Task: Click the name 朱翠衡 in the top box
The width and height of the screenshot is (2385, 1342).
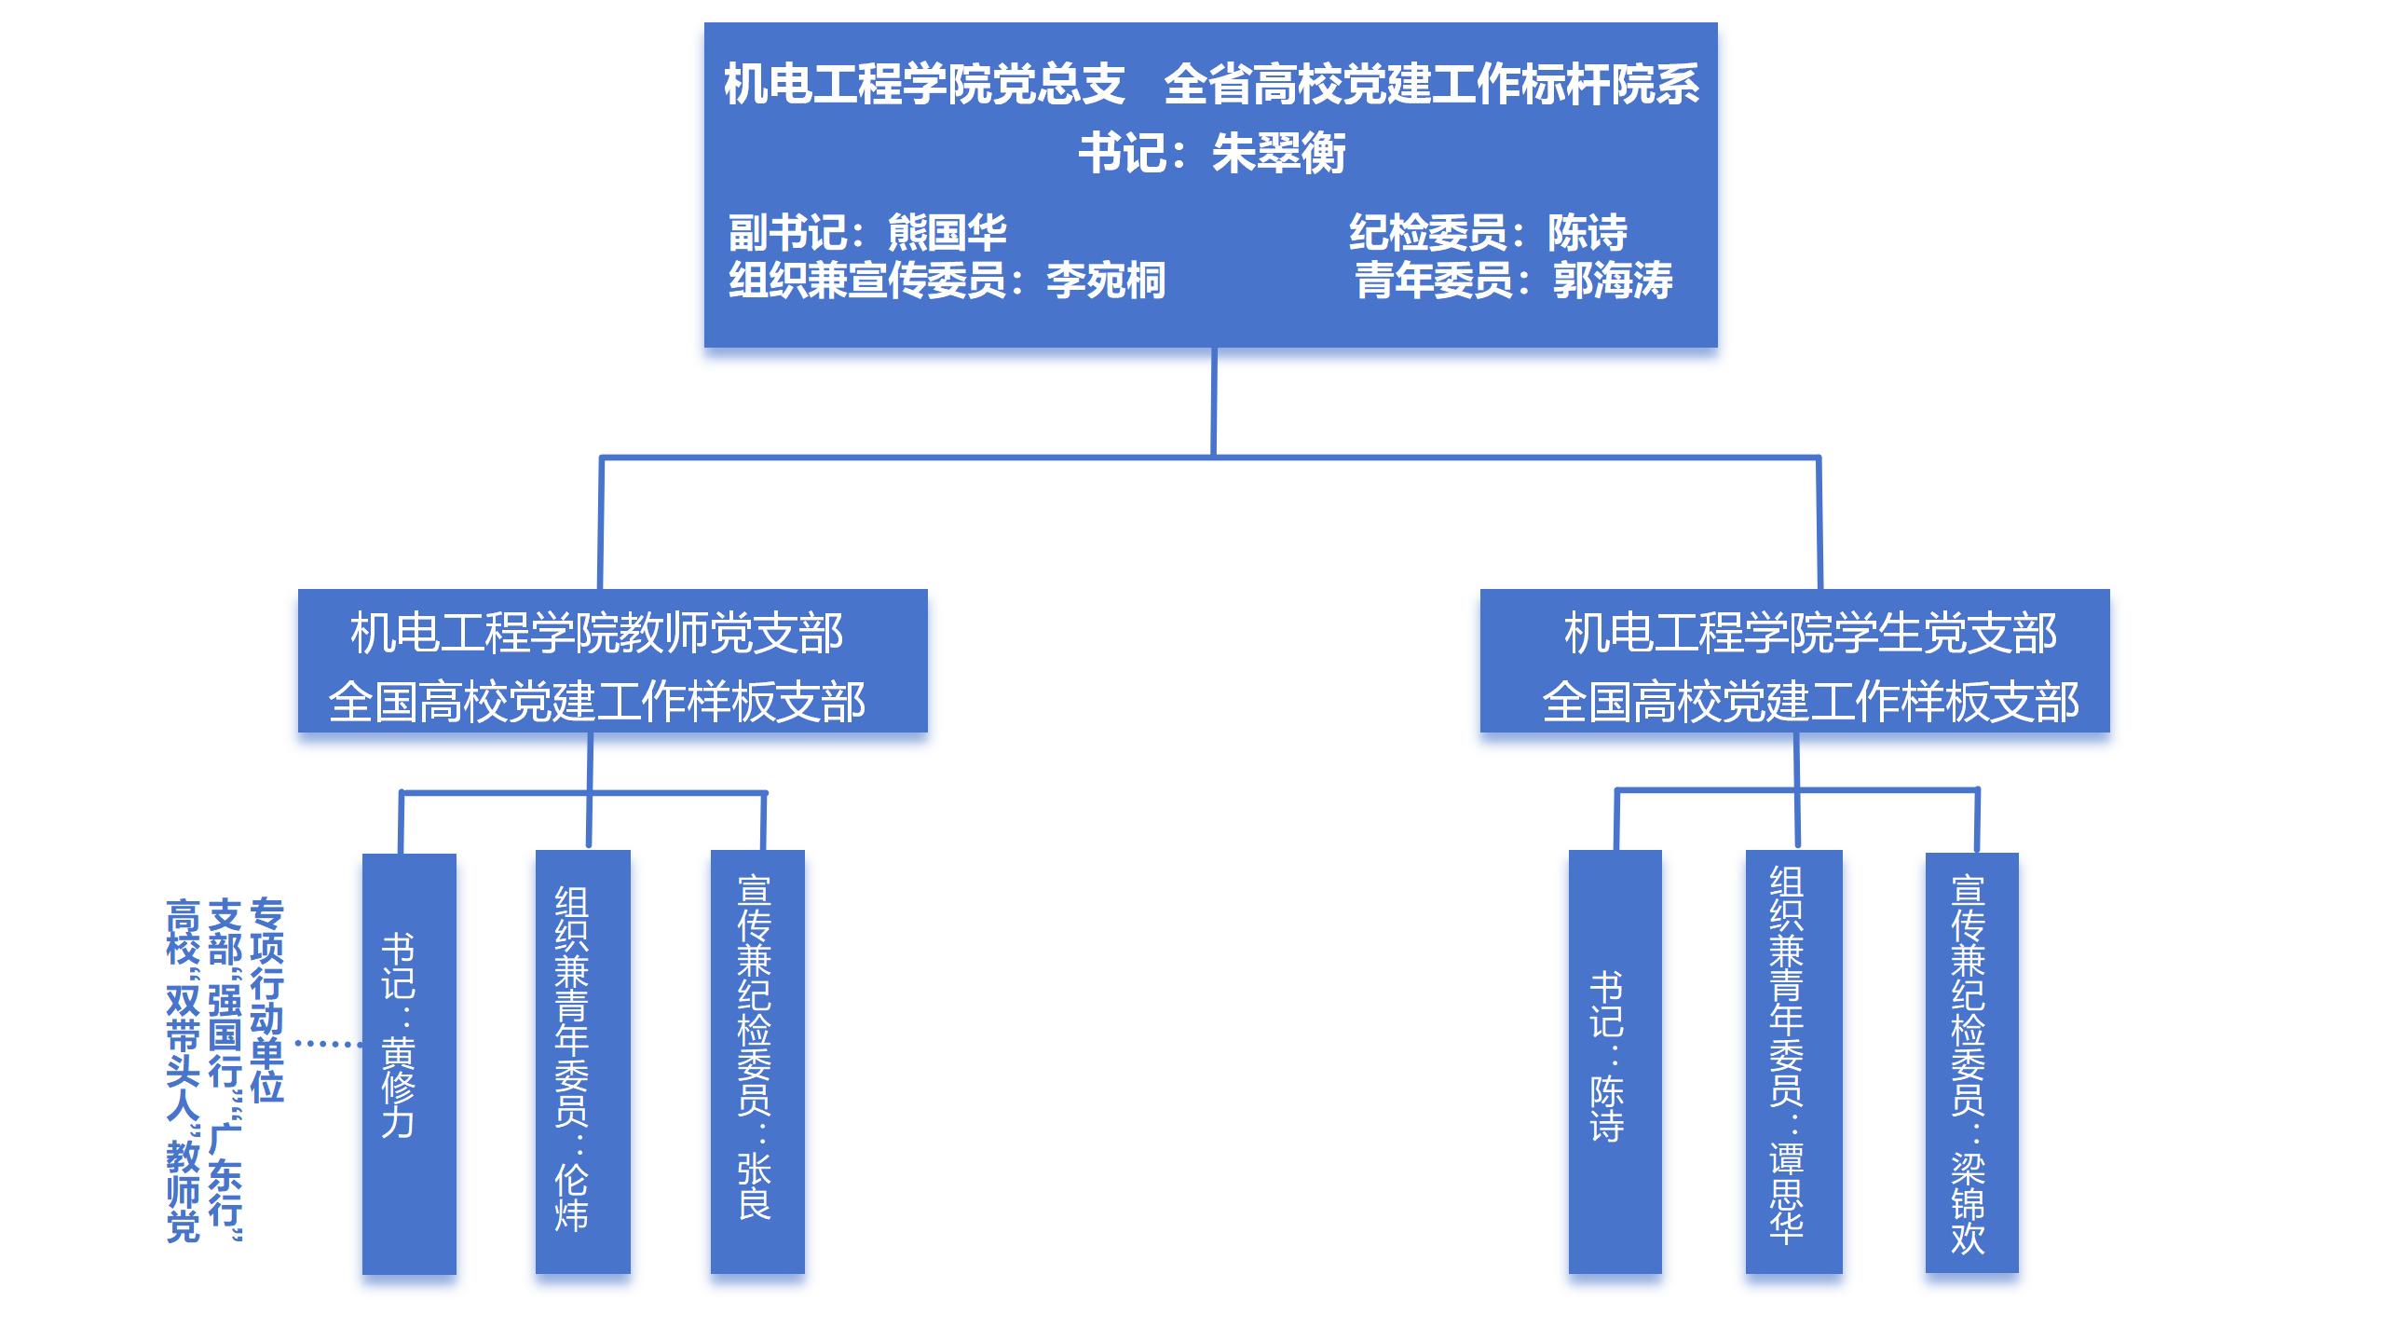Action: coord(1278,154)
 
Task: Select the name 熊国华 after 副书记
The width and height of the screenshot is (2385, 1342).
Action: coord(947,232)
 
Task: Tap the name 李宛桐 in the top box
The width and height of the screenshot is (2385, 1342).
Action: coord(1106,281)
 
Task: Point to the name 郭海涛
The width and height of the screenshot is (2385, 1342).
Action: coord(1613,281)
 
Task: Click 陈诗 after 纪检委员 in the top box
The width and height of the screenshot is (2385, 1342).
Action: coord(1588,232)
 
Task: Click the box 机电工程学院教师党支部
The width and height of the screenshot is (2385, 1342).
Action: coord(612,661)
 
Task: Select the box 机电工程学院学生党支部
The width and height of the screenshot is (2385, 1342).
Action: coord(1794,661)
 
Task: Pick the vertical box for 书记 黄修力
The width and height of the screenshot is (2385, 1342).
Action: coord(409,1062)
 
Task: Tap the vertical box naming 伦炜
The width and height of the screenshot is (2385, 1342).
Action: coord(582,1062)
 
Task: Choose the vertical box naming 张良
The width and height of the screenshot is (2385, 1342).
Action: coord(757,1062)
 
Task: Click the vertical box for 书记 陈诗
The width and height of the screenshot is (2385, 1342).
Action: coord(1615,1062)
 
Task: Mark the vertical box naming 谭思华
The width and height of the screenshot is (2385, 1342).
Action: coord(1793,1062)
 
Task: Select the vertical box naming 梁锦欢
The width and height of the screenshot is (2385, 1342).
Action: coord(1971,1062)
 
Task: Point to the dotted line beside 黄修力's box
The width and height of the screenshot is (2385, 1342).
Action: coord(328,1044)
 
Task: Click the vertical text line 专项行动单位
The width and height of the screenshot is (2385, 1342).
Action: coord(266,1000)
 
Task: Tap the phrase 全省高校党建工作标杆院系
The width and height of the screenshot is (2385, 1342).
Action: coord(1432,84)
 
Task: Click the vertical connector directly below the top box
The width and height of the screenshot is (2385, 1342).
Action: coord(1213,401)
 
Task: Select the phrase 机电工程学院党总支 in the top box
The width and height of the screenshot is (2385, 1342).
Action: coord(924,84)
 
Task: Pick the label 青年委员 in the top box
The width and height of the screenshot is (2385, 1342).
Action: coord(1433,281)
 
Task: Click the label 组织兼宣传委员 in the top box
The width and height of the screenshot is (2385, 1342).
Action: coord(866,281)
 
